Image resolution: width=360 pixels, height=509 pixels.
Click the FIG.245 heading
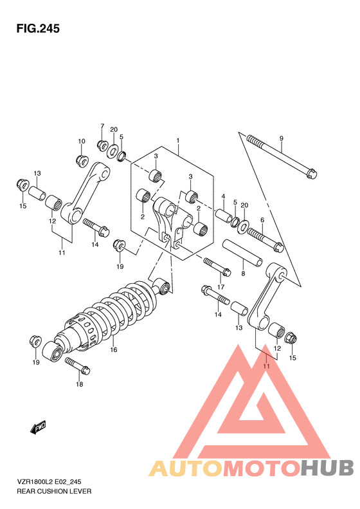(x=38, y=29)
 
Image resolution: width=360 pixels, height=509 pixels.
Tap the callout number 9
(x=281, y=138)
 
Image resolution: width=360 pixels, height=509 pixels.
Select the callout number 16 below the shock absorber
(x=113, y=349)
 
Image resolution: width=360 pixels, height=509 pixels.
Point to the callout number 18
(x=80, y=384)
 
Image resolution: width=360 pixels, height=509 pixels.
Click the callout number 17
(x=221, y=287)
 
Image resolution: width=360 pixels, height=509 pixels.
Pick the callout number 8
(x=243, y=273)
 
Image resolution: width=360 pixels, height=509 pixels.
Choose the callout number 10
(x=82, y=141)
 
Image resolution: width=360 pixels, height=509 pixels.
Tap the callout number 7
(x=102, y=126)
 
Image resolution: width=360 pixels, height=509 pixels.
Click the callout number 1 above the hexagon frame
(x=178, y=140)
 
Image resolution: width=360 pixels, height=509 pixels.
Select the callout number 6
(x=262, y=220)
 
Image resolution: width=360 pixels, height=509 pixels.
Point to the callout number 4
(x=223, y=196)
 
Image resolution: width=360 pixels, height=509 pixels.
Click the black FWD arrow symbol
(x=38, y=427)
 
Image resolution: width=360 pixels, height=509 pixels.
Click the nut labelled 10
(x=82, y=160)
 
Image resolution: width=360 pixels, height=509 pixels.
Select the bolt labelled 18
(x=78, y=366)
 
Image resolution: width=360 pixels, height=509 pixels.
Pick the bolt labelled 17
(x=217, y=266)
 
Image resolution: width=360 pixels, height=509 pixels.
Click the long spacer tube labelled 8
(x=242, y=252)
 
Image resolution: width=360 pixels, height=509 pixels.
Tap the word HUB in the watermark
(x=327, y=468)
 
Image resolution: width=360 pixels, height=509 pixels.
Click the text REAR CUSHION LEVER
(x=54, y=491)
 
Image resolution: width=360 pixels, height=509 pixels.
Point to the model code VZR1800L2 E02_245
(x=49, y=482)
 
